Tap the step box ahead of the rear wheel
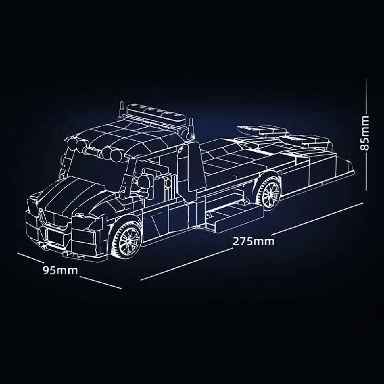coord(230,214)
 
